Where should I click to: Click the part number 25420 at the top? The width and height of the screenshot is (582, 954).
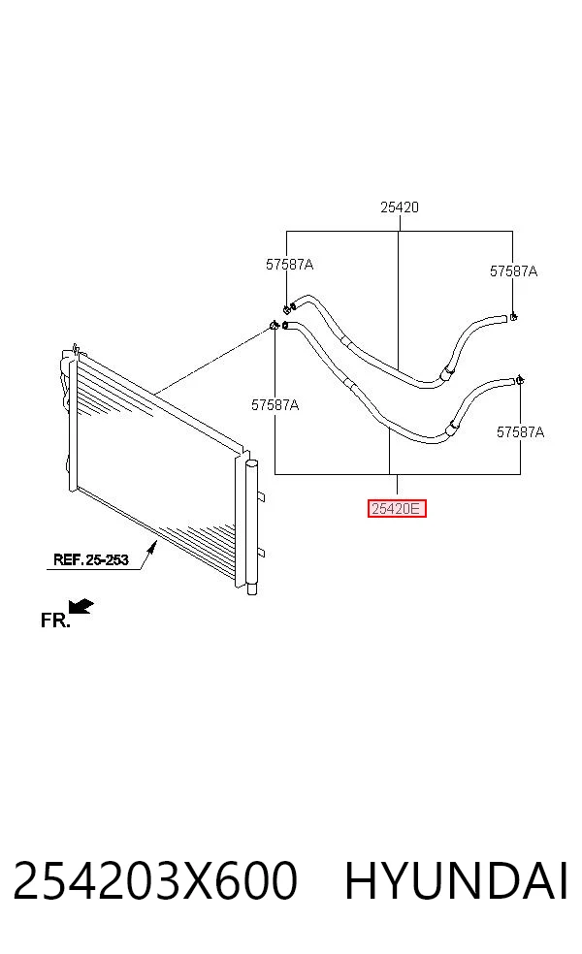400,207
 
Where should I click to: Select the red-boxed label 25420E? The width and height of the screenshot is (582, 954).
397,508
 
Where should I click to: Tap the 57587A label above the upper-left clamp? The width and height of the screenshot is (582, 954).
289,265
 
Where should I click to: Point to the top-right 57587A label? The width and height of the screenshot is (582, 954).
513,271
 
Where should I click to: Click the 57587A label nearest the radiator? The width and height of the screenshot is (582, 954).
275,405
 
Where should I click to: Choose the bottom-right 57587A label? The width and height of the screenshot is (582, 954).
520,432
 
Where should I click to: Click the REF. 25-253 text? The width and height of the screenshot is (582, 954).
91,559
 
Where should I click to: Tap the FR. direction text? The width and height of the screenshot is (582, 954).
54,620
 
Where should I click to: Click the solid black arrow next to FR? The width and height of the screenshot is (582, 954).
81,606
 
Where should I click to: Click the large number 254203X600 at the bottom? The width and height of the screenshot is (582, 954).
155,880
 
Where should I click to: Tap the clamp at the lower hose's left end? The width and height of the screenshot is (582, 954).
275,326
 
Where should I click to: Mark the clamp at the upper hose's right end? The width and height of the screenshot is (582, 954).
514,316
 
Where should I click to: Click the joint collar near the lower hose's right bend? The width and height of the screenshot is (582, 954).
452,428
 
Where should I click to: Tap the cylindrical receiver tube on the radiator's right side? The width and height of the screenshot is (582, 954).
252,526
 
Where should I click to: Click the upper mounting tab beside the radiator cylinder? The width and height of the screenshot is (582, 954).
261,497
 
